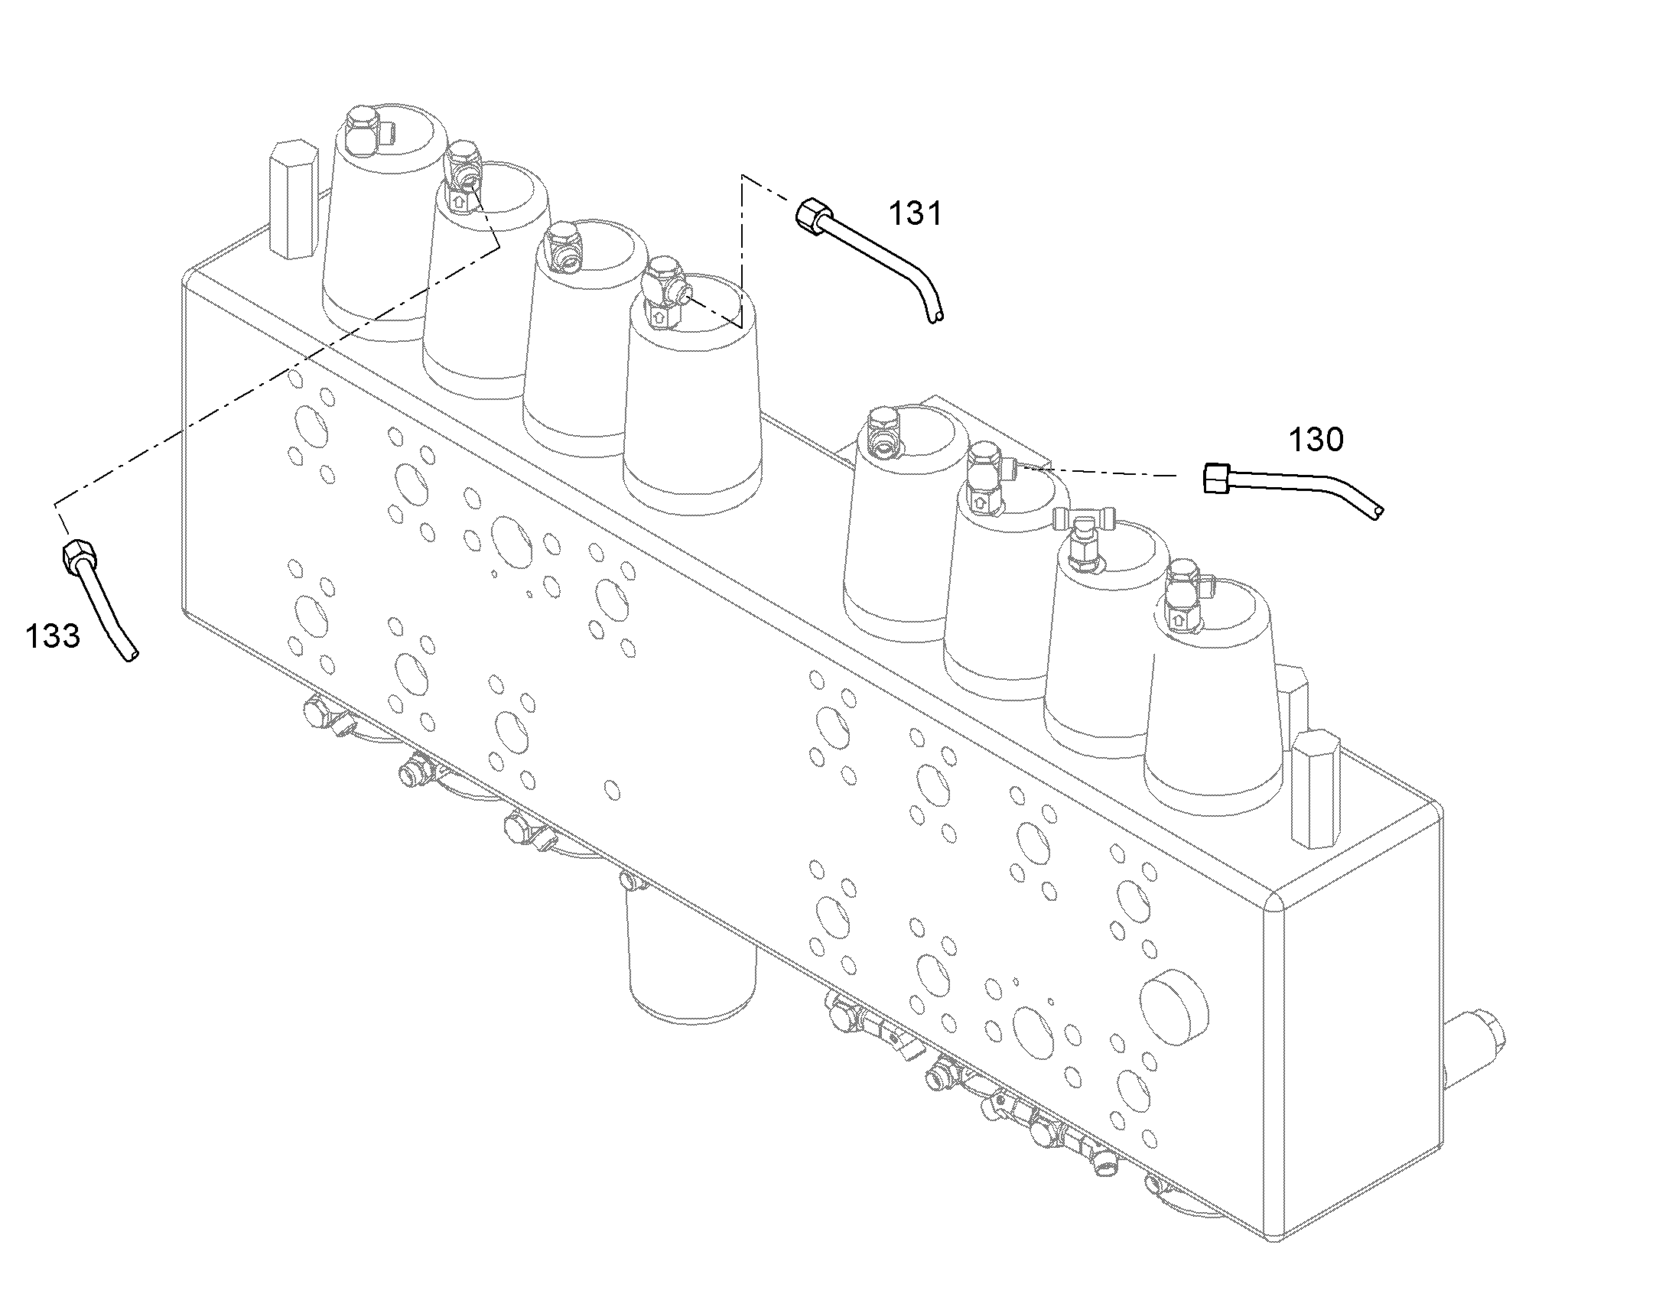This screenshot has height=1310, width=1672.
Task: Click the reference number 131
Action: [915, 213]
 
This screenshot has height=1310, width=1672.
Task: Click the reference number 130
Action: [1316, 440]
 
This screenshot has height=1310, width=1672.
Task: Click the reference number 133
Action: [53, 635]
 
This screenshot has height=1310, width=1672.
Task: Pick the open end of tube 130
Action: [1377, 511]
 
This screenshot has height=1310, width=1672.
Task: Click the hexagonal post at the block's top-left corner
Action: [293, 200]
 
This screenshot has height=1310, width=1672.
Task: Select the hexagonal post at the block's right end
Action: [1316, 789]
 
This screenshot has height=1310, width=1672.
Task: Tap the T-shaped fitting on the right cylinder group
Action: [1082, 537]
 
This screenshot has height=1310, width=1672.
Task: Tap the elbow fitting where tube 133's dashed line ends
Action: [463, 178]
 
